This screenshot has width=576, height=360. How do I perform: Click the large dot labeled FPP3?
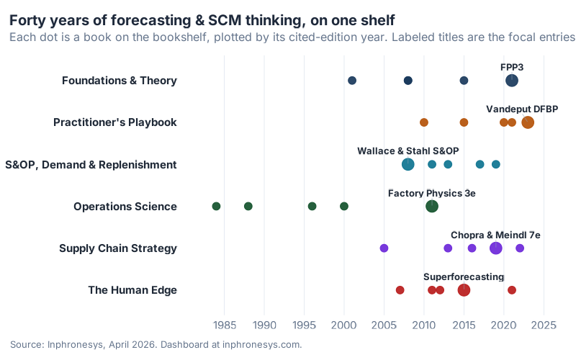[x=512, y=81]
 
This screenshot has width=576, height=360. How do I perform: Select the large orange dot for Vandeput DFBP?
[x=528, y=122]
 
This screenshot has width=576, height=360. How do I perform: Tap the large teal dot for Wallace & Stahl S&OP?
[x=408, y=164]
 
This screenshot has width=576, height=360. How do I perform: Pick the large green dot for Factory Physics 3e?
[x=432, y=207]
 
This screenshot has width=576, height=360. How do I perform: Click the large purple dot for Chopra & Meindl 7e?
[x=496, y=248]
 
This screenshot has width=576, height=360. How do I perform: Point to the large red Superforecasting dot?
[x=464, y=290]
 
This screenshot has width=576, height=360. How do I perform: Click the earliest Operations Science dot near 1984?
[x=216, y=207]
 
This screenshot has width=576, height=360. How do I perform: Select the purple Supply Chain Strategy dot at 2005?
[x=384, y=248]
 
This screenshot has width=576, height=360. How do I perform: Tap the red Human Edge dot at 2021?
[x=512, y=290]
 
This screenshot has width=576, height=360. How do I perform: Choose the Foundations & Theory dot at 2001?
[x=352, y=81]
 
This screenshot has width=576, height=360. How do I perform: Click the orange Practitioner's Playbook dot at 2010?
[x=424, y=122]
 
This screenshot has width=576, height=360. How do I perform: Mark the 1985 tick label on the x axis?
[x=225, y=325]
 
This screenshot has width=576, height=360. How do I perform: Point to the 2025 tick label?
[x=544, y=325]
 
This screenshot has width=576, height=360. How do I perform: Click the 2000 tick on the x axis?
[x=344, y=325]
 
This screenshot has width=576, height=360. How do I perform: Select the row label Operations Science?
[x=125, y=207]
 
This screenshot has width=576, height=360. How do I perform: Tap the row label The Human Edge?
[x=132, y=290]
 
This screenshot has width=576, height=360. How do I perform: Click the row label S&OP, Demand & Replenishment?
[x=91, y=165]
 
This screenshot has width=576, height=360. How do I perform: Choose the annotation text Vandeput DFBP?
[x=522, y=109]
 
